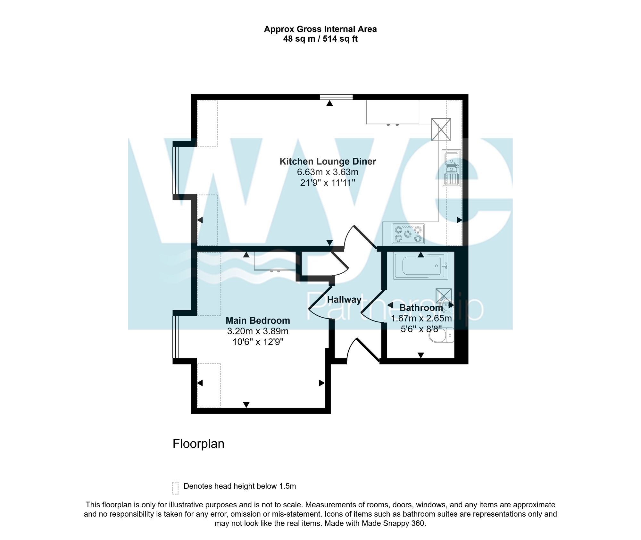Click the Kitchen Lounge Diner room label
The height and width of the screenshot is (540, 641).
pyautogui.click(x=328, y=161)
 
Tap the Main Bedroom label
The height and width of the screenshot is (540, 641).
pyautogui.click(x=258, y=320)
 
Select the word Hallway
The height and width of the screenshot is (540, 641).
pyautogui.click(x=344, y=300)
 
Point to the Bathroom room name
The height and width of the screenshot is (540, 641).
pyautogui.click(x=421, y=308)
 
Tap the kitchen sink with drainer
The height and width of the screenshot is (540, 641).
pyautogui.click(x=451, y=168)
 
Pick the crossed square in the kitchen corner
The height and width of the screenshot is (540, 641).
pyautogui.click(x=441, y=129)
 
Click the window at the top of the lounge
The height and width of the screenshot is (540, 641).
pyautogui.click(x=336, y=96)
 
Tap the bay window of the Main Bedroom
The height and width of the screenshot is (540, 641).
pyautogui.click(x=175, y=336)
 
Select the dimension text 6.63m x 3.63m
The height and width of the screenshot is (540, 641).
pyautogui.click(x=328, y=172)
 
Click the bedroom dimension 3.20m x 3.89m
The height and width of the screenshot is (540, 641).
pyautogui.click(x=258, y=331)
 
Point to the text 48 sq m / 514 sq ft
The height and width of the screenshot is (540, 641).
pyautogui.click(x=320, y=39)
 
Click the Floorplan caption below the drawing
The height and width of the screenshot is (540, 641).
pyautogui.click(x=198, y=444)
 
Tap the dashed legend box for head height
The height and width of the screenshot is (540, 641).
pyautogui.click(x=175, y=488)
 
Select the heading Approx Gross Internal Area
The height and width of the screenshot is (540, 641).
pyautogui.click(x=320, y=29)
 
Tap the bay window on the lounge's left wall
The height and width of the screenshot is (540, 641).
pyautogui.click(x=175, y=170)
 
